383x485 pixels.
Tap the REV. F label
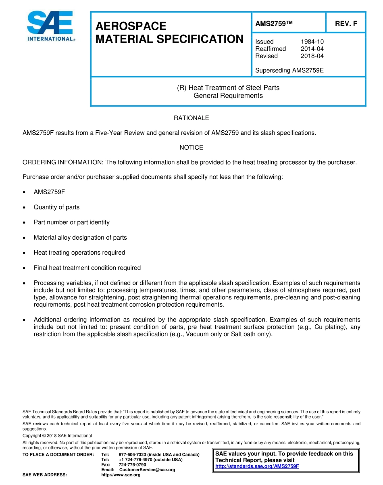pyautogui.click(x=346, y=23)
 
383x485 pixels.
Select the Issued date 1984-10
pyautogui.click(x=312, y=42)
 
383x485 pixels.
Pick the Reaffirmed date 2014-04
pyautogui.click(x=312, y=49)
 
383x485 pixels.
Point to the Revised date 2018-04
pyautogui.click(x=312, y=56)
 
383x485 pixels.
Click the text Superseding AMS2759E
pyautogui.click(x=289, y=71)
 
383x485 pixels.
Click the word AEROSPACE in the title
pyautogui.click(x=131, y=26)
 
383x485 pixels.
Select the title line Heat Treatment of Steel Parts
pyautogui.click(x=228, y=88)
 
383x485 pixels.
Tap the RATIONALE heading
pyautogui.click(x=191, y=118)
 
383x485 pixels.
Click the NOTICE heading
pyautogui.click(x=191, y=148)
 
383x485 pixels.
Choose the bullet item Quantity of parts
pyautogui.click(x=56, y=207)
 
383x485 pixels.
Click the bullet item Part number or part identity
pyautogui.click(x=71, y=222)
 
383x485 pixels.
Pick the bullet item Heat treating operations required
pyautogui.click(x=79, y=253)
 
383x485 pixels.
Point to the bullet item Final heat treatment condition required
pyautogui.click(x=87, y=268)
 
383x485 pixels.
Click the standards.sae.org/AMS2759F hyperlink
pyautogui.click(x=257, y=466)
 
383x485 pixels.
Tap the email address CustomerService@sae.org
pyautogui.click(x=147, y=470)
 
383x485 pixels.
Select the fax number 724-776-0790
pyautogui.click(x=132, y=465)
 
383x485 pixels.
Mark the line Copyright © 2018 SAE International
pyautogui.click(x=57, y=436)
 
